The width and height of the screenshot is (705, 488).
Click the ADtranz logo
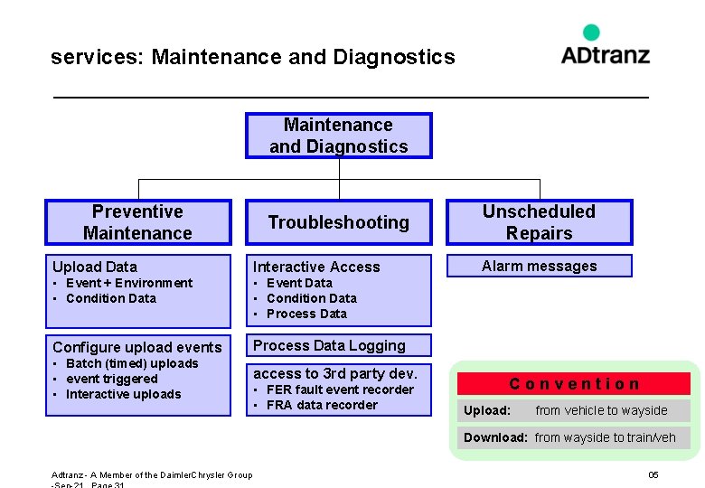[x=605, y=54]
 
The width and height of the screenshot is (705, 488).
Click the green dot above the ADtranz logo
[x=591, y=33]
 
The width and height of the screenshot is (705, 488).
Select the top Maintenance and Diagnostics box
[x=339, y=136]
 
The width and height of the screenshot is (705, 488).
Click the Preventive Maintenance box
[x=138, y=222]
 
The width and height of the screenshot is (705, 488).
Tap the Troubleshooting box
[x=339, y=222]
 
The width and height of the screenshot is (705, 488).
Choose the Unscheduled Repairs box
[x=539, y=222]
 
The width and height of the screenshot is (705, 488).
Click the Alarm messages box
[x=539, y=266]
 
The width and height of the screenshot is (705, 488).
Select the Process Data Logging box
[x=339, y=345]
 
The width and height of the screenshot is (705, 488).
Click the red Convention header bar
[x=574, y=384]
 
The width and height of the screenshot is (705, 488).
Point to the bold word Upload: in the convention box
[x=487, y=410]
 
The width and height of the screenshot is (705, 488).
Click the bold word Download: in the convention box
[x=495, y=437]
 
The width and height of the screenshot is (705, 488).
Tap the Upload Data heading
[x=95, y=267]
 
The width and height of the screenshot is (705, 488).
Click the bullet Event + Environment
[x=128, y=283]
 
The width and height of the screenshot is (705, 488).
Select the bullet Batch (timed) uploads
[x=131, y=363]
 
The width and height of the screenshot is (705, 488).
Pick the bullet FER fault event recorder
[x=340, y=389]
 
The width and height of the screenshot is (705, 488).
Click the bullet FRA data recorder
[x=322, y=405]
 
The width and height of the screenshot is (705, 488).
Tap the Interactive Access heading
[x=316, y=267]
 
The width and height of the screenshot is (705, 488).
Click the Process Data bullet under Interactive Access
[x=306, y=314]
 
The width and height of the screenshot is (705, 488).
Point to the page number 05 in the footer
[x=653, y=475]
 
